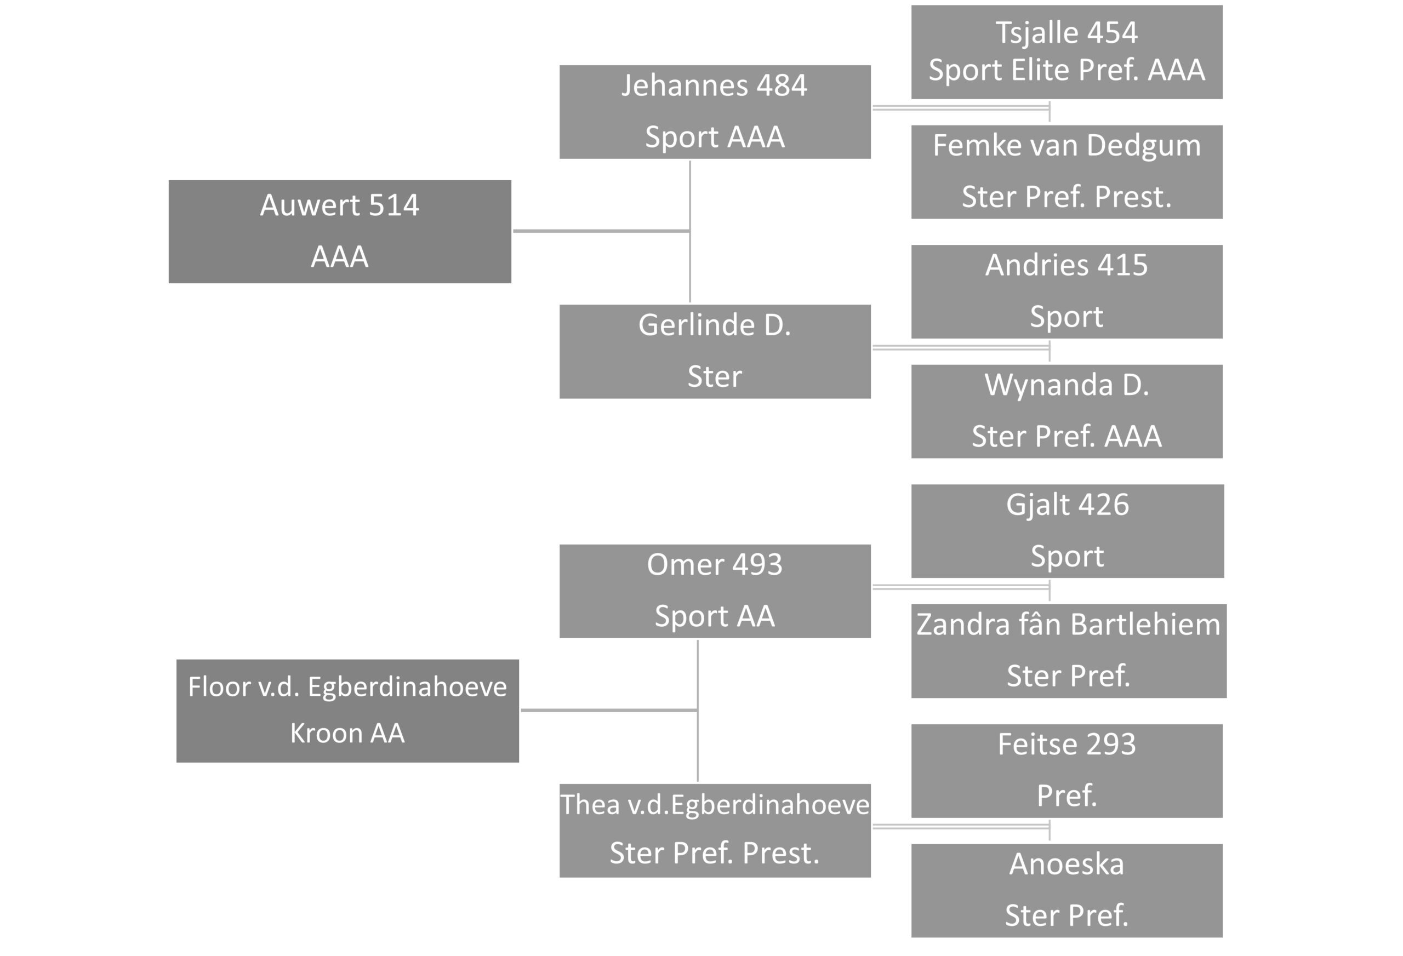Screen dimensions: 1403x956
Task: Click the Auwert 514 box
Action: pyautogui.click(x=340, y=231)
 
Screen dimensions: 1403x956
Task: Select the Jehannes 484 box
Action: pyautogui.click(x=715, y=112)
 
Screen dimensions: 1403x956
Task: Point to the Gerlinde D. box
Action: pyautogui.click(x=715, y=351)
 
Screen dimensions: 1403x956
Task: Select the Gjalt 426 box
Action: pyautogui.click(x=1068, y=531)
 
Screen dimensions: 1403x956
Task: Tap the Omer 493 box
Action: pyautogui.click(x=715, y=591)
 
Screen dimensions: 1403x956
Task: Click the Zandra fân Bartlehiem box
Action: pyautogui.click(x=1069, y=651)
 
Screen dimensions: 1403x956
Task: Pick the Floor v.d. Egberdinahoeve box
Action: pyautogui.click(x=347, y=711)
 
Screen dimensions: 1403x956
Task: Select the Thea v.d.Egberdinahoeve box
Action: pyautogui.click(x=715, y=831)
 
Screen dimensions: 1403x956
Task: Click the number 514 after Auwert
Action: pyautogui.click(x=393, y=205)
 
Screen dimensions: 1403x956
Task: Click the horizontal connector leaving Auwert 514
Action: pyautogui.click(x=601, y=231)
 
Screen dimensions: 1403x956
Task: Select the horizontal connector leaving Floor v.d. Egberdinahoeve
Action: pyautogui.click(x=609, y=711)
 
